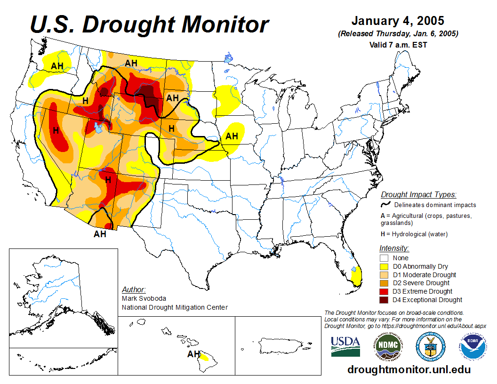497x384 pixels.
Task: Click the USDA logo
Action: tap(345, 346)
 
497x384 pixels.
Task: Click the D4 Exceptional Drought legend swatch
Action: tap(384, 300)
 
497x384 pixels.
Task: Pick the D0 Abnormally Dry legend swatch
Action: tap(384, 266)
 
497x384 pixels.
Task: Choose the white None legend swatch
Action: tap(384, 258)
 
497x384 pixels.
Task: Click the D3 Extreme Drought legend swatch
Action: tap(384, 291)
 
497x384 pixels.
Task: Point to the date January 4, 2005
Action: tap(398, 22)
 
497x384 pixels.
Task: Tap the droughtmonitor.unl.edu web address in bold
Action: tap(409, 369)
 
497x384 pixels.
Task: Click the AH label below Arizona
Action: tap(100, 234)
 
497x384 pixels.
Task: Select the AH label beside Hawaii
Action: tap(193, 354)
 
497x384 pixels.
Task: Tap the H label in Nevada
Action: tap(56, 130)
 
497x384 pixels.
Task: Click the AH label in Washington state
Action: tap(57, 66)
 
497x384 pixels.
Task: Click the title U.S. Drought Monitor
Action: tap(149, 24)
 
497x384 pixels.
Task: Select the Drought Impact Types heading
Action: tap(418, 194)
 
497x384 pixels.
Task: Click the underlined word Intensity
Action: tap(394, 248)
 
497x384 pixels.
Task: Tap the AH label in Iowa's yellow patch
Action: tap(232, 136)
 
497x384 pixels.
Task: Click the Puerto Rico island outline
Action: tap(278, 346)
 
